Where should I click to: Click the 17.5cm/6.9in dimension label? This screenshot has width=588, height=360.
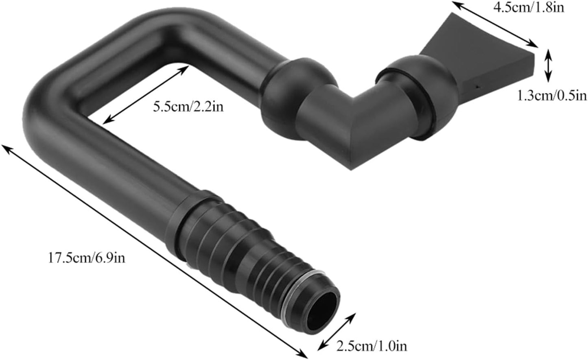click(87, 258)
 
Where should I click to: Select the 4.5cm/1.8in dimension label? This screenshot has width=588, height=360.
click(529, 7)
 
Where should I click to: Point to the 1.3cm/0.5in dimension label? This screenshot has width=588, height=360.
click(551, 96)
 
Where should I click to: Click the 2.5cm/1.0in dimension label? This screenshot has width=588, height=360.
click(371, 347)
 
